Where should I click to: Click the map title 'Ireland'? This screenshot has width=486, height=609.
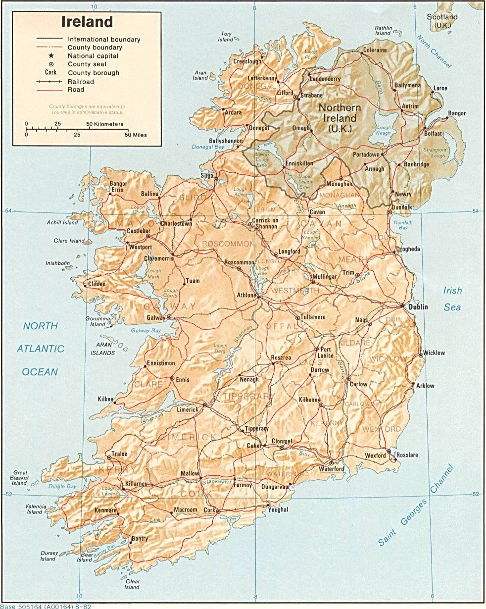pyautogui.click(x=87, y=22)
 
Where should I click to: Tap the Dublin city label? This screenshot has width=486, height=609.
pyautogui.click(x=418, y=307)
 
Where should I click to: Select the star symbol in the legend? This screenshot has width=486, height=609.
pyautogui.click(x=51, y=56)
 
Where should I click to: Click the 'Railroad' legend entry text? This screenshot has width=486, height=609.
pyautogui.click(x=81, y=81)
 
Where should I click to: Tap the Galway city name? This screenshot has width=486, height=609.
pyautogui.click(x=155, y=317)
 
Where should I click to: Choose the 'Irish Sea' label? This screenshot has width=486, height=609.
pyautogui.click(x=452, y=299)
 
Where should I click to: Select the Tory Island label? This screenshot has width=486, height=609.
pyautogui.click(x=226, y=37)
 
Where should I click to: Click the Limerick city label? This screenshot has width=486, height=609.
pyautogui.click(x=188, y=410)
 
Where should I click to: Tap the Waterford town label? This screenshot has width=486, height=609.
pyautogui.click(x=331, y=469)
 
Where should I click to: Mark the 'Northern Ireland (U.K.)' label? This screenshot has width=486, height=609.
pyautogui.click(x=340, y=118)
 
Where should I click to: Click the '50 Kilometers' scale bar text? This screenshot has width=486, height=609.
pyautogui.click(x=104, y=124)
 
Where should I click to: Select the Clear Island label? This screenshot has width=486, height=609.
pyautogui.click(x=132, y=584)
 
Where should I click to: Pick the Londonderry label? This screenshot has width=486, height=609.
pyautogui.click(x=325, y=79)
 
